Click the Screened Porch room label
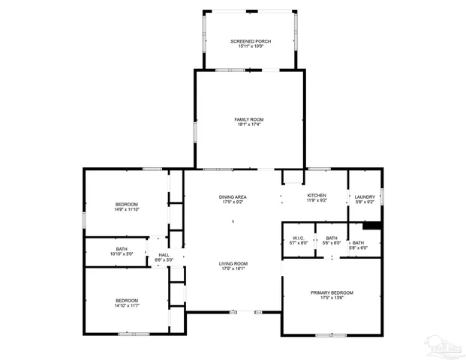(251, 40)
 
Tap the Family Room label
(249, 119)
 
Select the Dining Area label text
(233, 196)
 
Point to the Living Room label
(233, 263)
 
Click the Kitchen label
(316, 196)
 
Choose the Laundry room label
(365, 196)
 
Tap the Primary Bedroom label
(332, 292)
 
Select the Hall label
(164, 255)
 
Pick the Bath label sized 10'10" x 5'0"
(122, 248)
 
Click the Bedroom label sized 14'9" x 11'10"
(126, 205)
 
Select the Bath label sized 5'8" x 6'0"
(359, 243)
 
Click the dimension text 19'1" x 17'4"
(249, 124)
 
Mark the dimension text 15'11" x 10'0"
(251, 46)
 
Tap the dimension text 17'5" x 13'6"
(332, 298)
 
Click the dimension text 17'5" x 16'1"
(233, 268)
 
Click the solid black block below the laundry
(372, 225)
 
